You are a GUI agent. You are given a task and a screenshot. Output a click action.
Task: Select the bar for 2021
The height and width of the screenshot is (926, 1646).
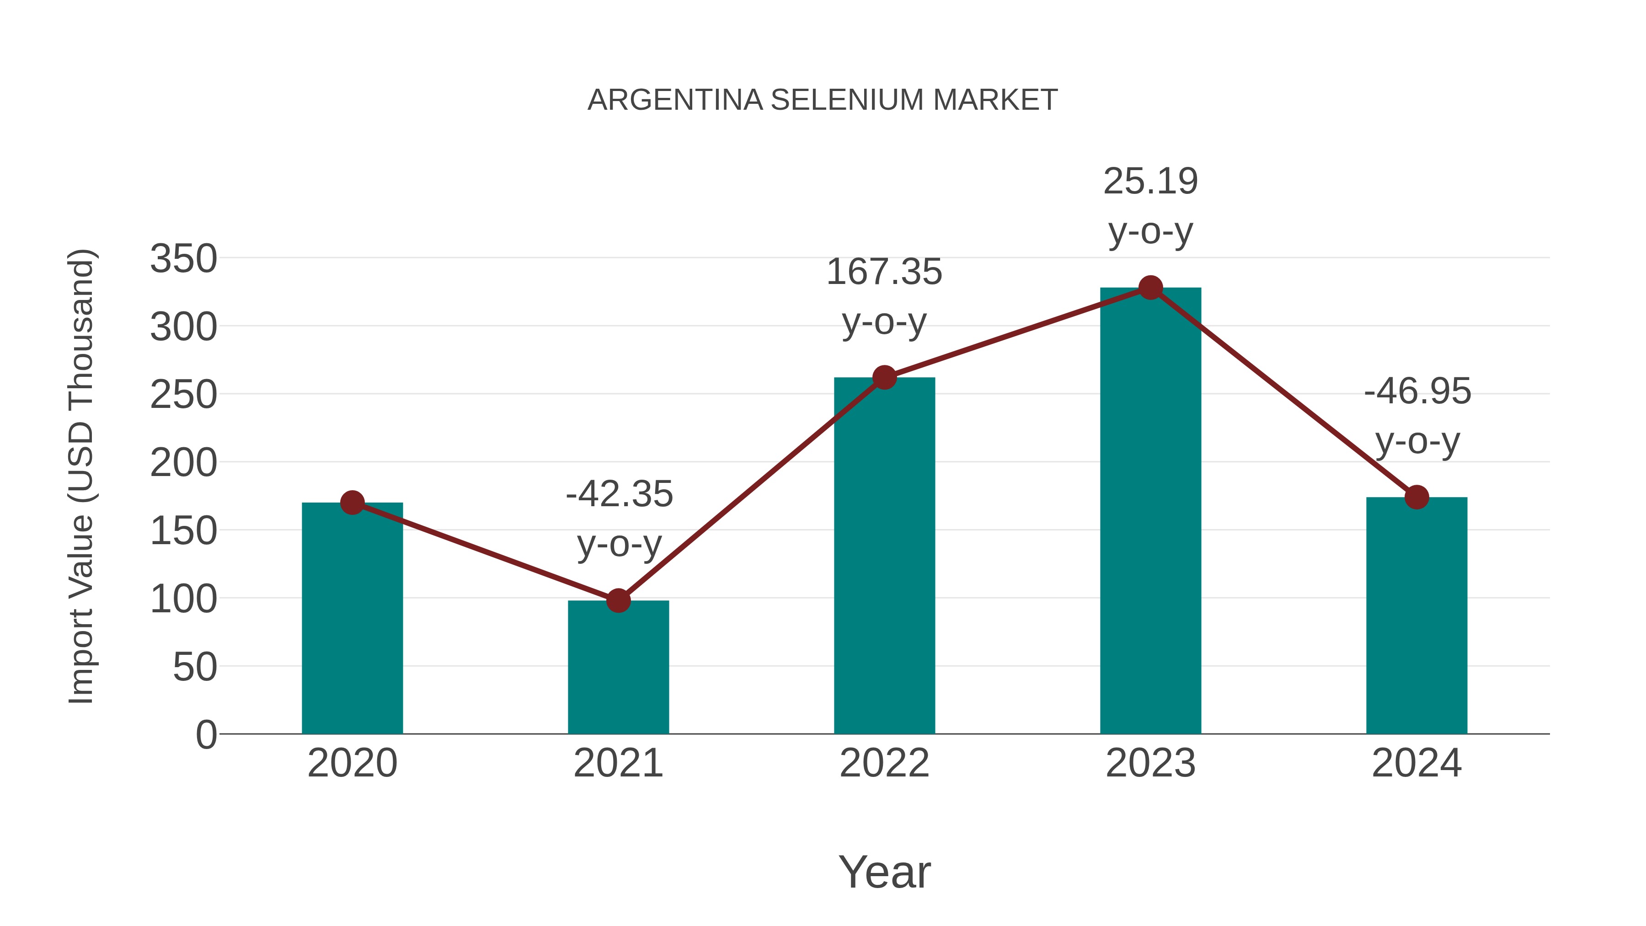pos(618,667)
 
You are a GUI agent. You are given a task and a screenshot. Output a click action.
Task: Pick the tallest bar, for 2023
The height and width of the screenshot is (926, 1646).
pos(1150,511)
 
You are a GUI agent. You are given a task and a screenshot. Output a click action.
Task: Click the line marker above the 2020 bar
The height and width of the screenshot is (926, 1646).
pos(352,503)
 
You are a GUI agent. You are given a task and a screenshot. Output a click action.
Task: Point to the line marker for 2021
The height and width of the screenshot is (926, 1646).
pos(618,601)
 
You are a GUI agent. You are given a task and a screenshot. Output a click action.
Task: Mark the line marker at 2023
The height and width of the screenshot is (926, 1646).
pos(1150,288)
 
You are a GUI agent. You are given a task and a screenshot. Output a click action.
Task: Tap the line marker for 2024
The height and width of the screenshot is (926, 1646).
pos(1416,497)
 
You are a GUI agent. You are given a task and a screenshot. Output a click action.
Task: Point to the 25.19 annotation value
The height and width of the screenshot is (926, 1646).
pos(1150,182)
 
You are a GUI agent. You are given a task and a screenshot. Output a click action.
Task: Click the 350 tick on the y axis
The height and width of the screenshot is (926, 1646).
pos(183,259)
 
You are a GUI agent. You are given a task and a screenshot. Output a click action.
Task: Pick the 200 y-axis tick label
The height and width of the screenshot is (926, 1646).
pos(183,463)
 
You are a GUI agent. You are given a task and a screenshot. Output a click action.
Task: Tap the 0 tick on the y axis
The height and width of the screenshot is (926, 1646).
pos(206,734)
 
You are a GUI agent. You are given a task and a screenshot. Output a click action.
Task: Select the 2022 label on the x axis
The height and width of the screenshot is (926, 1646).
pos(884,763)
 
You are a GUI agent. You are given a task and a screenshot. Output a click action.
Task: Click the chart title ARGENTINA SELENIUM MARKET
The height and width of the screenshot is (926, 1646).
pos(823,100)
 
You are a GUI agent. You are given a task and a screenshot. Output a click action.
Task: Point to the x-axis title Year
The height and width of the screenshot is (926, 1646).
pos(884,872)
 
